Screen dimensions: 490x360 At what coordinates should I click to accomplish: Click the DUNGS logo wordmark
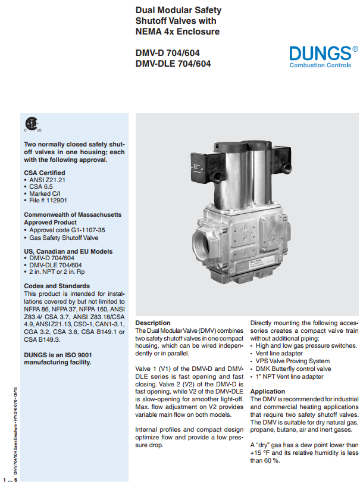tap(319, 53)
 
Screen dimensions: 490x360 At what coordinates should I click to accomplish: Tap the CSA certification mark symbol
tap(31, 125)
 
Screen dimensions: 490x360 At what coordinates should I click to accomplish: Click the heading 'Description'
tap(153, 322)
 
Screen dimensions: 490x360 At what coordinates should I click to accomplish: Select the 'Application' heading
tap(268, 391)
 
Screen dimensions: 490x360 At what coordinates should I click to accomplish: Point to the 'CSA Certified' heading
tap(45, 172)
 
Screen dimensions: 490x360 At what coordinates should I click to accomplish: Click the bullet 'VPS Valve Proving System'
tap(292, 361)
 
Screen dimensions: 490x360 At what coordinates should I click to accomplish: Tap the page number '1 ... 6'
tap(11, 479)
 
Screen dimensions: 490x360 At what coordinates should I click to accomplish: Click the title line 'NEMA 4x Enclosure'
tap(177, 32)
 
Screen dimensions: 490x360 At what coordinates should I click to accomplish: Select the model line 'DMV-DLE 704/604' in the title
tap(173, 64)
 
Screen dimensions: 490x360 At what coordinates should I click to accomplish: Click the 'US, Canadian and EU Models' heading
tap(68, 251)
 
